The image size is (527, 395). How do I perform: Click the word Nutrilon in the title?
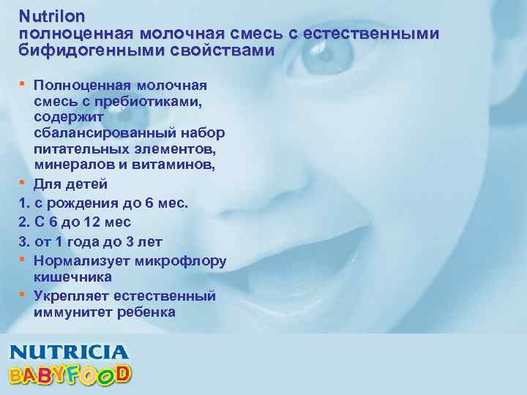[x=52, y=15]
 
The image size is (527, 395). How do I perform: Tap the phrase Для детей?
[x=71, y=184]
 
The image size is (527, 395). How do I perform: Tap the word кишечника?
[x=72, y=277]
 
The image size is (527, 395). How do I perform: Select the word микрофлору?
[x=184, y=260]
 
